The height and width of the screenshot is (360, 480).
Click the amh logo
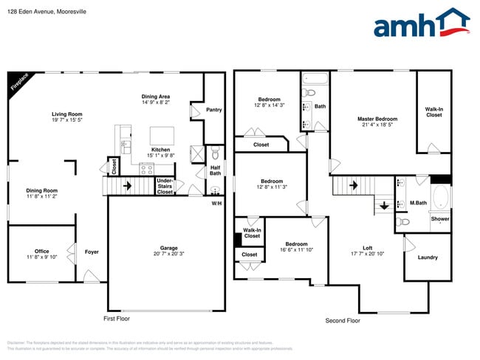[422, 24]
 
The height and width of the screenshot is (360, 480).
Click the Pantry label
[214, 110]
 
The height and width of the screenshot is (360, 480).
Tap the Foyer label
[92, 252]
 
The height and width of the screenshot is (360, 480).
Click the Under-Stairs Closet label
[165, 186]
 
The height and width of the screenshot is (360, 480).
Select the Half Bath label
[216, 171]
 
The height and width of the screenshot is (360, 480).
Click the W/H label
[216, 203]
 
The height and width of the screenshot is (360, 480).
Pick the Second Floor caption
[343, 321]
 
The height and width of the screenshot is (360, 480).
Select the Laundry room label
[428, 257]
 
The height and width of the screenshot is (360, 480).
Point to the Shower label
[439, 219]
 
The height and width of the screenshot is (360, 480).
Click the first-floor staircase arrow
[128, 187]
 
